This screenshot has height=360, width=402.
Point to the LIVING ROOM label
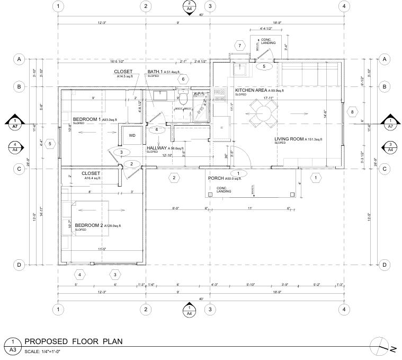(292, 139)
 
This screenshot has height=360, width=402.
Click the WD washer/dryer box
(132, 135)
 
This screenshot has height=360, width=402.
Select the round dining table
(263, 113)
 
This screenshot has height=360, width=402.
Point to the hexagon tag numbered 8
(351, 112)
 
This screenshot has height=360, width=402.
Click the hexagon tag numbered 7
(239, 46)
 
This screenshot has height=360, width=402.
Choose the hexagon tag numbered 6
(183, 79)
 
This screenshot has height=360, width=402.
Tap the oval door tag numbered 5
(264, 67)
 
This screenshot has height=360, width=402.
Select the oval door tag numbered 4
(157, 129)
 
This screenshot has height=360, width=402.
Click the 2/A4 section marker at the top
(189, 6)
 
